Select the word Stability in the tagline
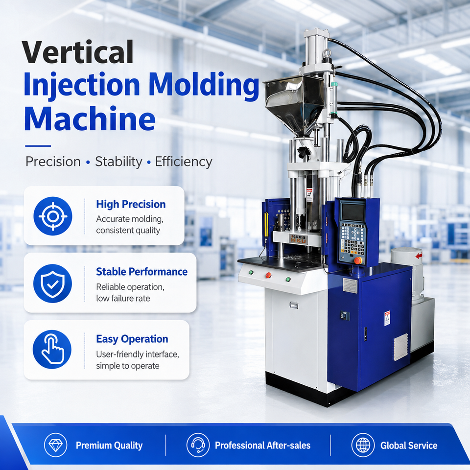(x=118, y=162)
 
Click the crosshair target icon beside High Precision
(x=53, y=216)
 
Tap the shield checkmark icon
(x=53, y=283)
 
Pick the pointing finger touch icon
(x=52, y=350)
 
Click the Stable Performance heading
(x=142, y=272)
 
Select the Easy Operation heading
(x=132, y=339)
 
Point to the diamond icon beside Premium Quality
(x=55, y=445)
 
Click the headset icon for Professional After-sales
(x=198, y=445)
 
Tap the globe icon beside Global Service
(x=363, y=445)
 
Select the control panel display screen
(x=353, y=211)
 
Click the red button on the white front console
(x=268, y=275)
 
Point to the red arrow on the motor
(x=419, y=256)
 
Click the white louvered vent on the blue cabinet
(x=401, y=347)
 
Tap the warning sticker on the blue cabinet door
(x=387, y=318)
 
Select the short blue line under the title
(x=38, y=146)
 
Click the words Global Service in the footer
(x=409, y=446)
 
